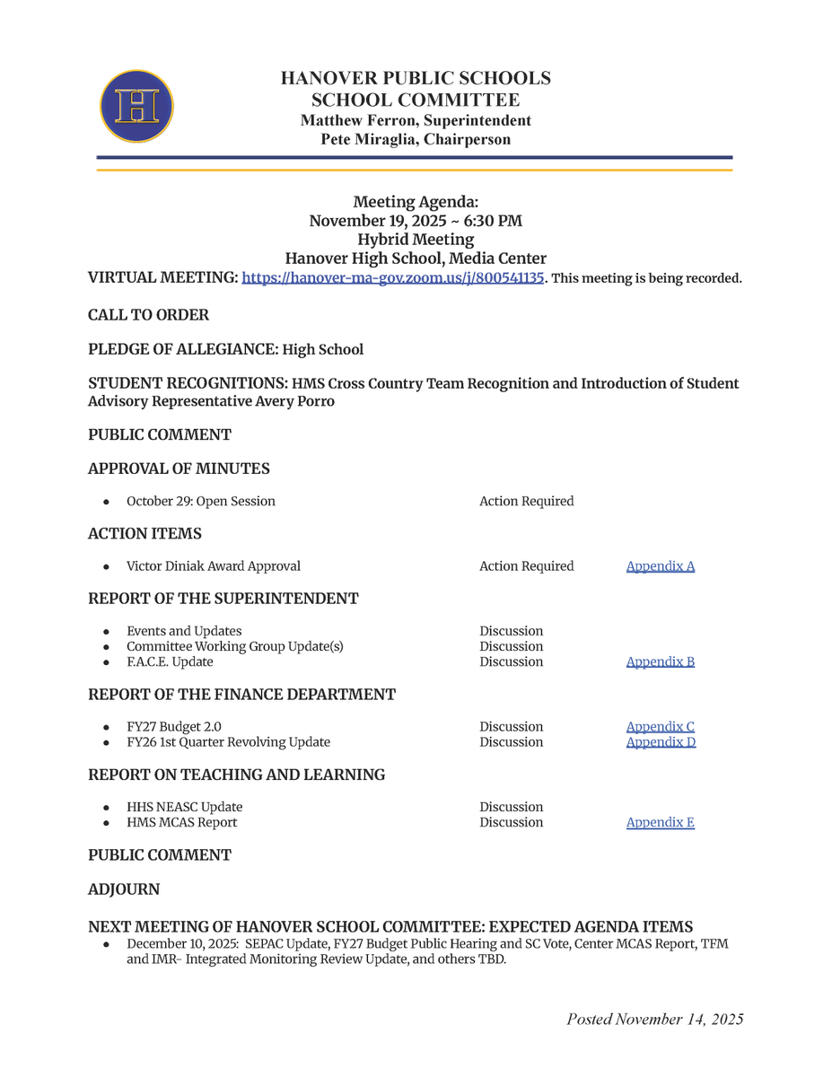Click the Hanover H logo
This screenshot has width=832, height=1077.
(136, 107)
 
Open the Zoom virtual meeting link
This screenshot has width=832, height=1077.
(393, 278)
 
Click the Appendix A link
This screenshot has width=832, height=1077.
(660, 566)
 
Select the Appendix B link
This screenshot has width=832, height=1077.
(660, 662)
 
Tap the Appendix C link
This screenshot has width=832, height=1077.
(660, 727)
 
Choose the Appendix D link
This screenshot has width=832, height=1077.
(661, 742)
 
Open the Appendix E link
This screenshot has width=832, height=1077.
(660, 823)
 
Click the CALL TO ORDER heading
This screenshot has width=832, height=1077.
(148, 315)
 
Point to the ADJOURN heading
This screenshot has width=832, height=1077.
(124, 889)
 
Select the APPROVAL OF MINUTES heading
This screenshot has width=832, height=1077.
(179, 468)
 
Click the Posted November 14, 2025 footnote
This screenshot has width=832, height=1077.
(654, 1020)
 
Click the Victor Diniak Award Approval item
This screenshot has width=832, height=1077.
(214, 566)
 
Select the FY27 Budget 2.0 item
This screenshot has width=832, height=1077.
(174, 727)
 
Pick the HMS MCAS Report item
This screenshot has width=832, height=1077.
(182, 823)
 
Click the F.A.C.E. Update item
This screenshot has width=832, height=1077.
(170, 662)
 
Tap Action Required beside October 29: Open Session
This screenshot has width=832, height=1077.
(526, 501)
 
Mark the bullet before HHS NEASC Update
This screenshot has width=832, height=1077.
(107, 808)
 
